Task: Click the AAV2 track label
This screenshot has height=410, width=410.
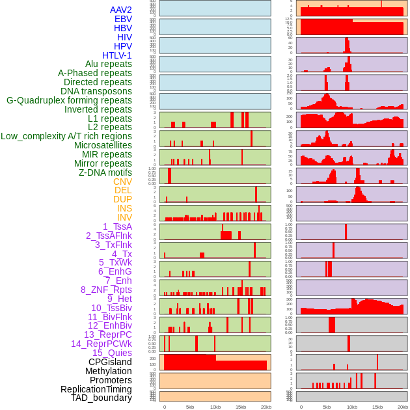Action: click(120, 10)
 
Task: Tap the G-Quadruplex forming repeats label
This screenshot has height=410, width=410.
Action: click(69, 100)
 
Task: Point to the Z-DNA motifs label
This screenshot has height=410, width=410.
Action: click(105, 172)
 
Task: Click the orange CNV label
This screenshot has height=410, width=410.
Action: click(122, 182)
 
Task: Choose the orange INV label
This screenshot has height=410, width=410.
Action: click(124, 217)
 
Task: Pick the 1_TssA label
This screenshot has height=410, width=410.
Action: click(117, 226)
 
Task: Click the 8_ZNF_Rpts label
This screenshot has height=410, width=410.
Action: click(106, 290)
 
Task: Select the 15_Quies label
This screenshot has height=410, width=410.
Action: click(112, 353)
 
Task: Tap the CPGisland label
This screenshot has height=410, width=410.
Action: click(110, 362)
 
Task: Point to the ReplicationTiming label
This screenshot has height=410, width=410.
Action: click(96, 389)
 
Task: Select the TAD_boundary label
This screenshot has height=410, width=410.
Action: click(101, 398)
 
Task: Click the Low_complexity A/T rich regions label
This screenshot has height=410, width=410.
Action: click(66, 136)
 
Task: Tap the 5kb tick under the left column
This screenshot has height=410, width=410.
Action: click(190, 407)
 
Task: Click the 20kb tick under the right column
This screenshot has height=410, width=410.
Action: click(403, 407)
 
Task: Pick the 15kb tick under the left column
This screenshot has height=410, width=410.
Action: click(240, 407)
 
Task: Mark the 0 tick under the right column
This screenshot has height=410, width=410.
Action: click(301, 407)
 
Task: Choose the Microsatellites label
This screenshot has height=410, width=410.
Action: click(103, 145)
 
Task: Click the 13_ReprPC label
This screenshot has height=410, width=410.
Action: click(107, 335)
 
